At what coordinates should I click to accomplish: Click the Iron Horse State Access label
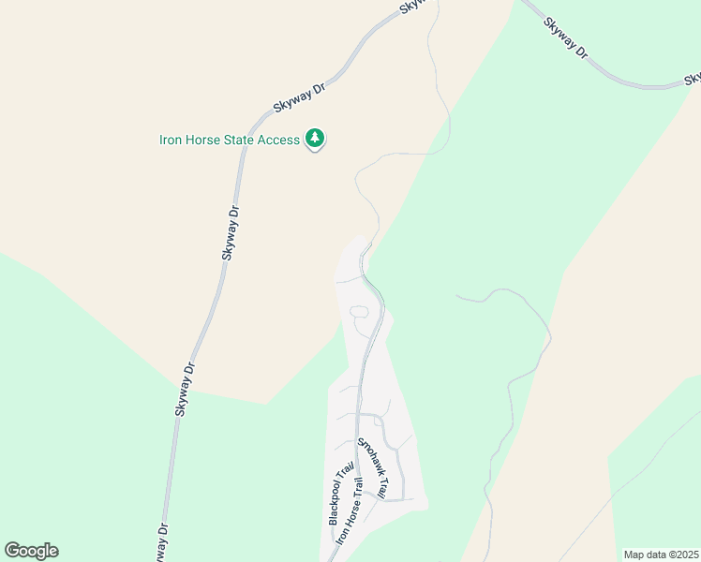229,140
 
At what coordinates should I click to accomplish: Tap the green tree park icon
316,140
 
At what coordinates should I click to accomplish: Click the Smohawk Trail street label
370,470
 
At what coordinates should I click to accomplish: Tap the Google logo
31,551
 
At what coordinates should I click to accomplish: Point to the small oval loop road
358,311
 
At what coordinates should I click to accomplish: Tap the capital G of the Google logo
12,551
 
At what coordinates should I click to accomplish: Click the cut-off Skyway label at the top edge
413,6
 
